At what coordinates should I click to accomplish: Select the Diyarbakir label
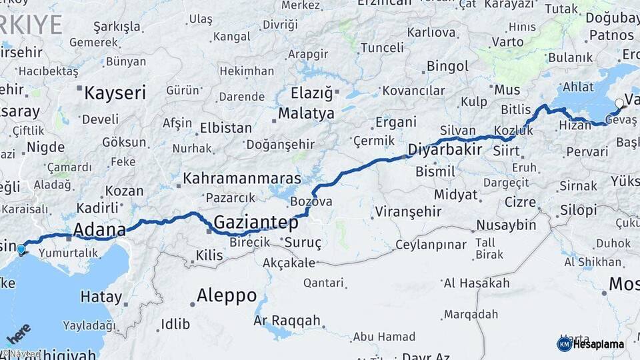445,149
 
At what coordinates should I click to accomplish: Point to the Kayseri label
115,93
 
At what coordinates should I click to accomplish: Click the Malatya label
306,113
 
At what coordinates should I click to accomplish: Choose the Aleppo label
227,295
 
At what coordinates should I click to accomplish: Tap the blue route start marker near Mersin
21,250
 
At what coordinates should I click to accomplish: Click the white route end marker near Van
620,103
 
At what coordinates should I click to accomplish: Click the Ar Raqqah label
287,321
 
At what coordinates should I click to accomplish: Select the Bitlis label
516,109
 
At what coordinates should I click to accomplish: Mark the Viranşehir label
408,211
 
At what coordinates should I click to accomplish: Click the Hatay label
101,297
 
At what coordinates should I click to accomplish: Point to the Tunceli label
382,47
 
